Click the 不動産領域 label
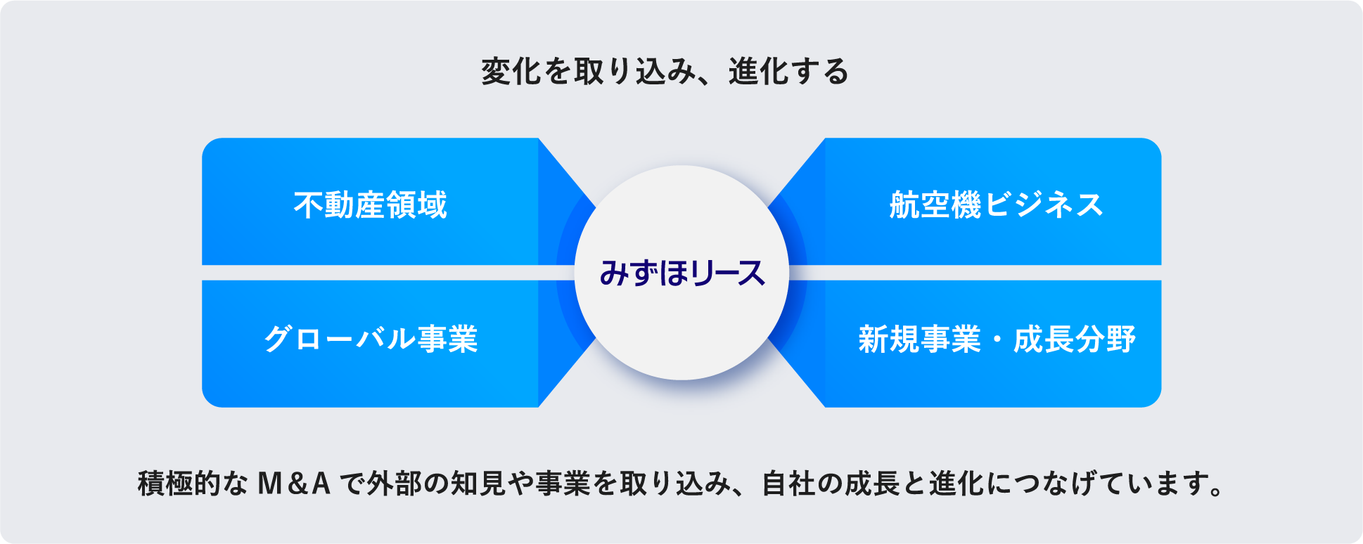[x=371, y=205]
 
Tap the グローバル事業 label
[x=371, y=339]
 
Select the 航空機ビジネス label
[x=996, y=205]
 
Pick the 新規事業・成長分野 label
[x=996, y=339]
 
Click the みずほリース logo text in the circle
[x=681, y=273]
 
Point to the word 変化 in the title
[x=511, y=72]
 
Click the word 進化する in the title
[x=788, y=72]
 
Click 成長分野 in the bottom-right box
[x=1074, y=339]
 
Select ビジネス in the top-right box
[x=1044, y=205]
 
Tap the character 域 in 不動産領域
[x=433, y=205]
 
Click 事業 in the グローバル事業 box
[x=448, y=339]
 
